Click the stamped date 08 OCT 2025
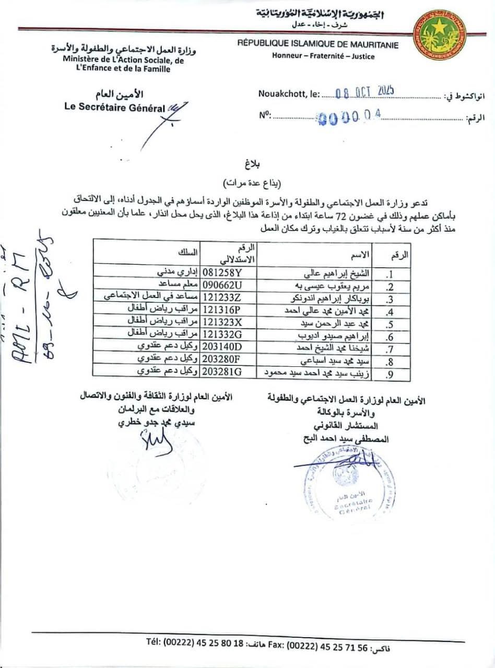pyautogui.click(x=364, y=92)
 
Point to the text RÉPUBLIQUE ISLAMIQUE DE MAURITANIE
pyautogui.click(x=317, y=45)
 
